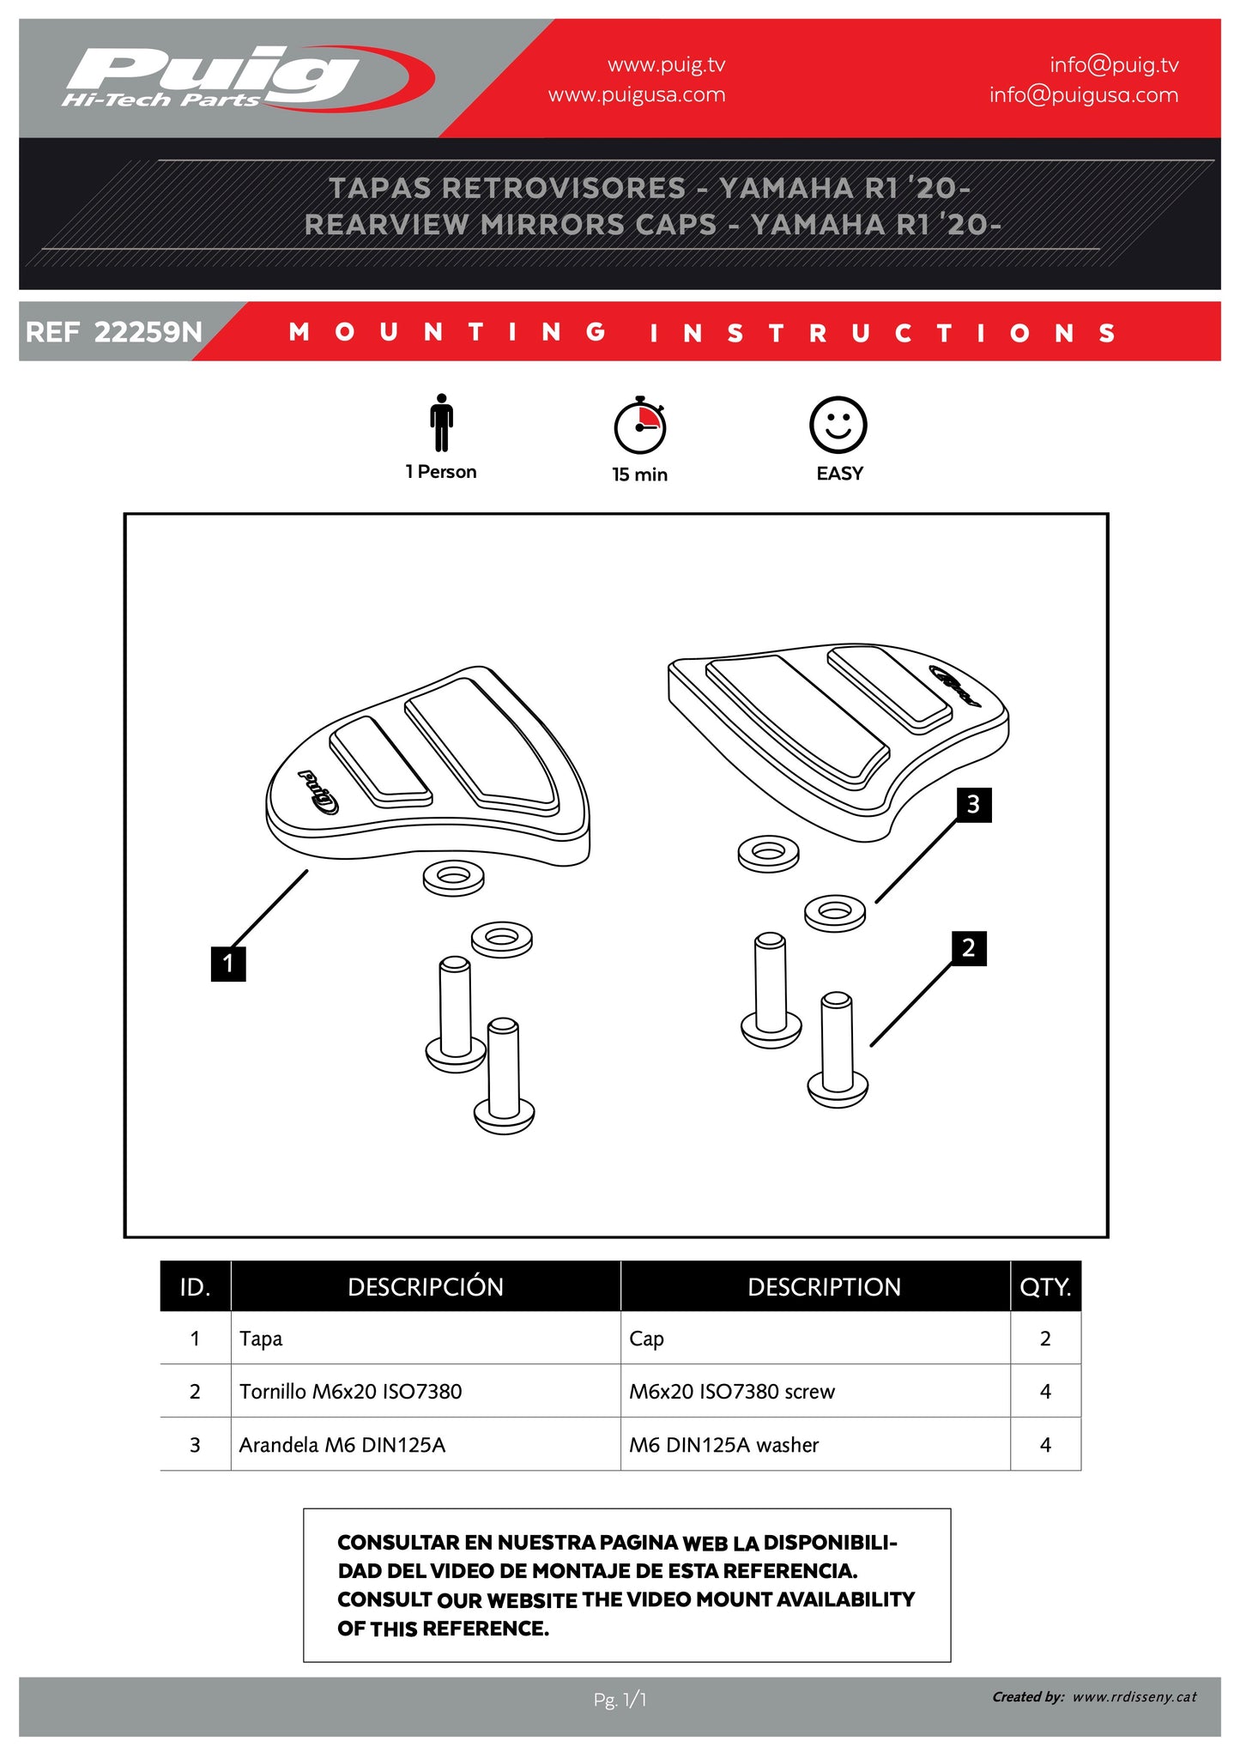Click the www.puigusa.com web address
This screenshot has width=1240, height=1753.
(637, 95)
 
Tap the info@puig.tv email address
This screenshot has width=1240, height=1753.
(1114, 65)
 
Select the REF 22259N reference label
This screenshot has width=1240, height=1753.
(114, 332)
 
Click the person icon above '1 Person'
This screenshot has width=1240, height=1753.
(441, 422)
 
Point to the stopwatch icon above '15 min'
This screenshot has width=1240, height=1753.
(640, 426)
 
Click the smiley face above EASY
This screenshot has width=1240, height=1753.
(838, 425)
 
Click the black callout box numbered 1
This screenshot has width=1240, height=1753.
(228, 963)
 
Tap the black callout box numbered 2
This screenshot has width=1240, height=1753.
(969, 948)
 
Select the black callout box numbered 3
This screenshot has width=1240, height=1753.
(974, 805)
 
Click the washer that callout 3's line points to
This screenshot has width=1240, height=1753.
(835, 913)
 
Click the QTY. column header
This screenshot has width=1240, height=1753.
(1044, 1286)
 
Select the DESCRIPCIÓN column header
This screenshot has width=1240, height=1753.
(425, 1286)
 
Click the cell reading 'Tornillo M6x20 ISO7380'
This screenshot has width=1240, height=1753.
(350, 1391)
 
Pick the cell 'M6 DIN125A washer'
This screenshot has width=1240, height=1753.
(723, 1445)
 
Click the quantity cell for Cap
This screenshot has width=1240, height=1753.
(1044, 1339)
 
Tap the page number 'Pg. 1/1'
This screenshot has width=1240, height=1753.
(620, 1699)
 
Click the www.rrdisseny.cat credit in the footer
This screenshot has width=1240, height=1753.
(1134, 1696)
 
